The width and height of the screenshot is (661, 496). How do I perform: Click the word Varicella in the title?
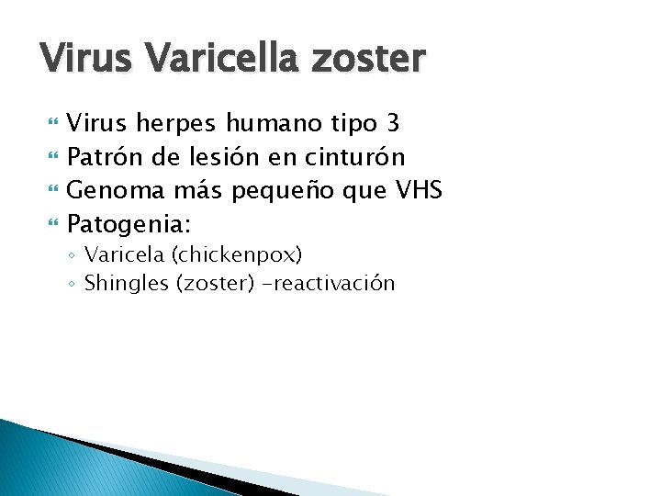tap(223, 59)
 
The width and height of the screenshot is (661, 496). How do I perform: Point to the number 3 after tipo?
tap(393, 123)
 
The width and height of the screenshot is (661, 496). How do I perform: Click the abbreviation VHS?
tap(418, 191)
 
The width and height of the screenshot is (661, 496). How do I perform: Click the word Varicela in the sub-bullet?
tap(122, 254)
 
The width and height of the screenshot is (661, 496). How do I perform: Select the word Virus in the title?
tap(86, 59)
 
